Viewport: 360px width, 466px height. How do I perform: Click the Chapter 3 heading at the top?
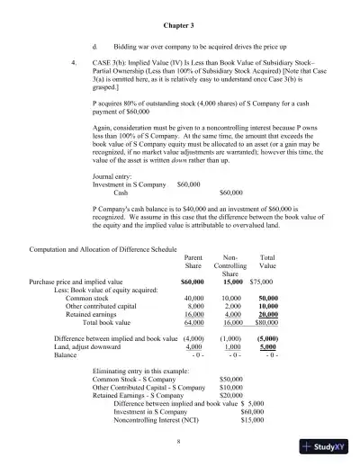coord(180,24)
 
